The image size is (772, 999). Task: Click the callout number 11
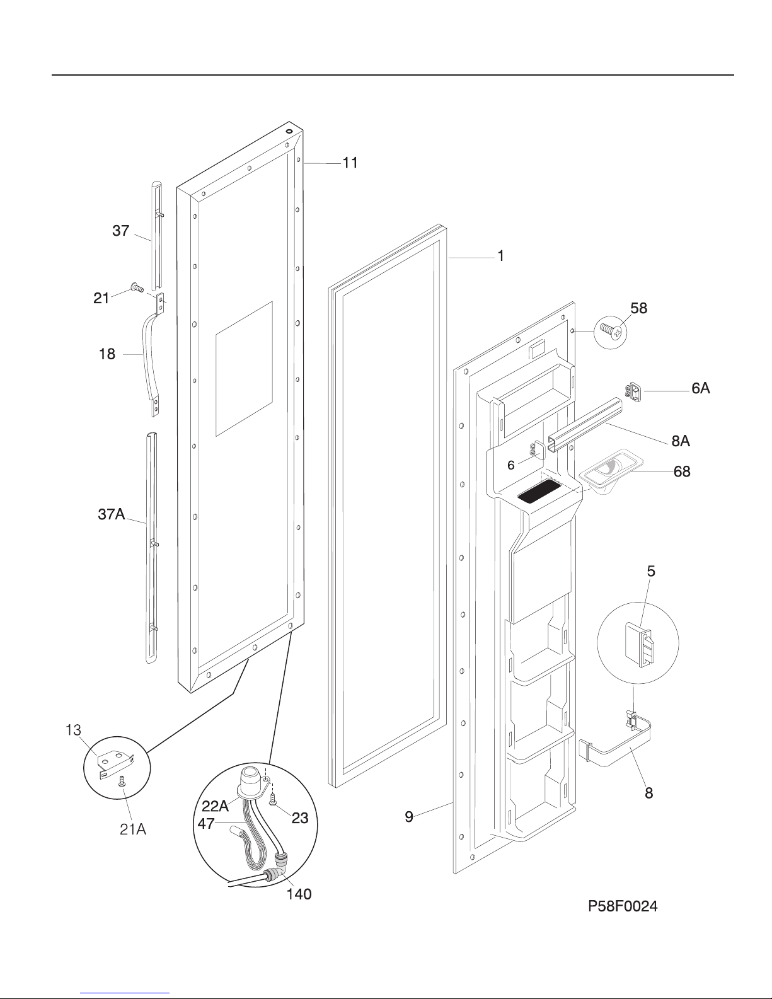pyautogui.click(x=350, y=163)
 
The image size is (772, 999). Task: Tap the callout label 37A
pyautogui.click(x=111, y=514)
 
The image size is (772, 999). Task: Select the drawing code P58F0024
pyautogui.click(x=623, y=906)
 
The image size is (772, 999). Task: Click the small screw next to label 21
pyautogui.click(x=137, y=288)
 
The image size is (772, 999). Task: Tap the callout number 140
pyautogui.click(x=299, y=894)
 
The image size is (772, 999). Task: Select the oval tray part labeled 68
pyautogui.click(x=606, y=471)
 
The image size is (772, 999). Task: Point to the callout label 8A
pyautogui.click(x=681, y=441)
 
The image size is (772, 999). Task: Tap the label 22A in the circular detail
pyautogui.click(x=215, y=806)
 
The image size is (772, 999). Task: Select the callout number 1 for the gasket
pyautogui.click(x=501, y=256)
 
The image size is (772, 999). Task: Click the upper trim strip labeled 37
pyautogui.click(x=157, y=234)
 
